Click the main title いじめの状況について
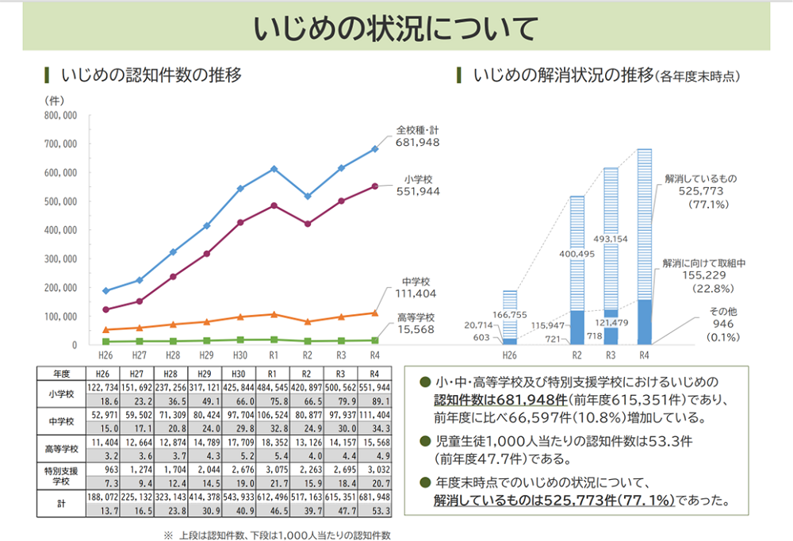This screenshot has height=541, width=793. point(396,28)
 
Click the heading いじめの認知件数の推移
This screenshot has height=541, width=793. point(151,76)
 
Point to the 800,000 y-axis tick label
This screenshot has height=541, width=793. point(60,115)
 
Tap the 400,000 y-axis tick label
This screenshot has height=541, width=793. point(60,230)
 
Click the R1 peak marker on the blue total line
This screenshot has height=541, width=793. point(274,169)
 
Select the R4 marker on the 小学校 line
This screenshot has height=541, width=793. point(375,186)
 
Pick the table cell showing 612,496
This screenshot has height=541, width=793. point(274,497)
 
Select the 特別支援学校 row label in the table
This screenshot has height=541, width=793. point(61,475)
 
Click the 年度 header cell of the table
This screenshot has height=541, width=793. point(61,372)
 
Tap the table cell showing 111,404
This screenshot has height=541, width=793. point(374,415)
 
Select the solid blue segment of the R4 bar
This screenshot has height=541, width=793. point(644,322)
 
